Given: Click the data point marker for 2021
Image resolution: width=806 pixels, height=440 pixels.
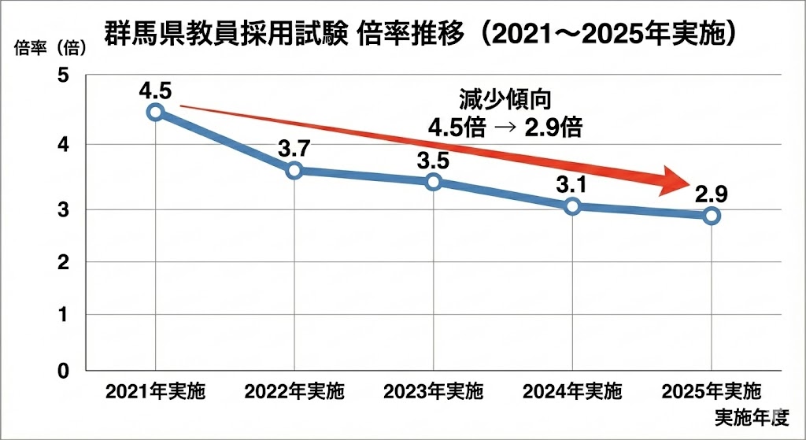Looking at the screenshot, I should [x=156, y=112].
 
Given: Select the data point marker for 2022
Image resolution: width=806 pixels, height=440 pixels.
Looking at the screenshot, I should [x=294, y=170].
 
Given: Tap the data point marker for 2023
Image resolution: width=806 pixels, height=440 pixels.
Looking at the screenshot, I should [x=434, y=182].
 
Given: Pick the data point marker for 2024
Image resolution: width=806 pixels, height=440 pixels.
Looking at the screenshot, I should [x=573, y=206].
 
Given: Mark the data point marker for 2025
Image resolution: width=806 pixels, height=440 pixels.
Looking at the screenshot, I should [x=712, y=216].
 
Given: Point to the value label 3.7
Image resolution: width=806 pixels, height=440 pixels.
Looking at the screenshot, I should [x=294, y=147].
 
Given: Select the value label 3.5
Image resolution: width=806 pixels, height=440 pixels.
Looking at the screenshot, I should [x=434, y=160].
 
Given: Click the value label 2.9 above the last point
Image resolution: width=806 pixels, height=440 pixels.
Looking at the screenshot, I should [x=711, y=193].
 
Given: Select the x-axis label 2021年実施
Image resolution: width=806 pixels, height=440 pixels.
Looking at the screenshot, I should [x=156, y=391].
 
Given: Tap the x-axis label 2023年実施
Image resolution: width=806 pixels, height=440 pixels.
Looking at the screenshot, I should [x=434, y=391].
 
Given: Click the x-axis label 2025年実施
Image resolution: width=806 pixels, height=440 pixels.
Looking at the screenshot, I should [x=712, y=391].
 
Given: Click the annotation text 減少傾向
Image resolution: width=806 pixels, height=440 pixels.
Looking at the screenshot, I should [x=505, y=100].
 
